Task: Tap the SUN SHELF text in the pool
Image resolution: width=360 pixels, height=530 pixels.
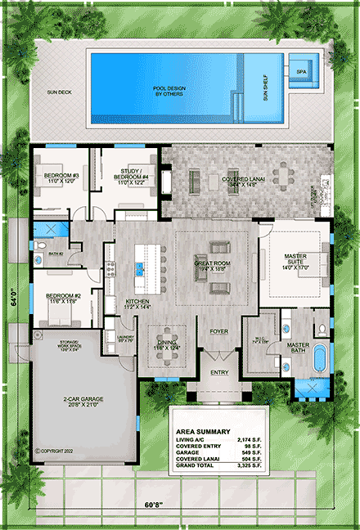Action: click(x=264, y=85)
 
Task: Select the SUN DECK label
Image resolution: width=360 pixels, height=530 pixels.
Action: click(x=58, y=93)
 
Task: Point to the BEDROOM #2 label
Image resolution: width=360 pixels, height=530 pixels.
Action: click(x=61, y=298)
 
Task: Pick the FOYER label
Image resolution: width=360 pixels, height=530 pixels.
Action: click(x=218, y=331)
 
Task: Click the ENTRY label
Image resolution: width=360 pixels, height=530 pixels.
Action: click(x=219, y=373)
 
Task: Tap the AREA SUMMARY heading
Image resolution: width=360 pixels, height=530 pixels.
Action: click(x=202, y=431)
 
